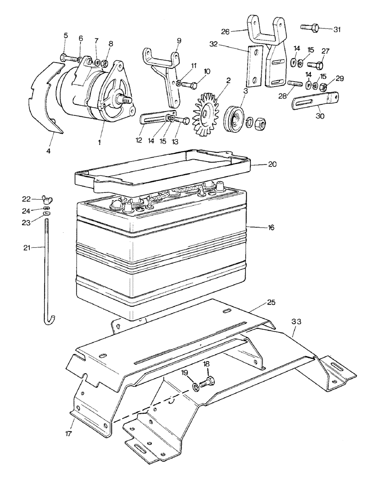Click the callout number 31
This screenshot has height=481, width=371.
337,29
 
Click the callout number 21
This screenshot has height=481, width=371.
27,248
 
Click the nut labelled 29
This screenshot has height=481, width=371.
324,87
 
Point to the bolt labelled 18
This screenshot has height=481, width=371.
208,383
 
